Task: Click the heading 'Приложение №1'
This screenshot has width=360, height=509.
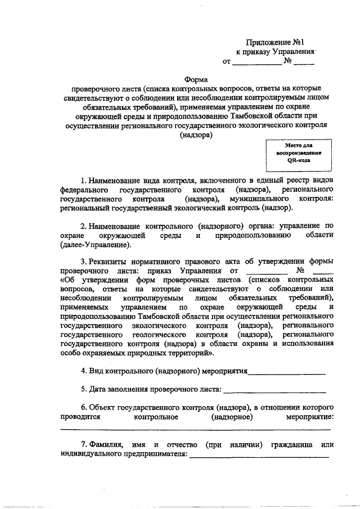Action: (276, 42)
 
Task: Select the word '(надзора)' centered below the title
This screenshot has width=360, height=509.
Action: (196, 135)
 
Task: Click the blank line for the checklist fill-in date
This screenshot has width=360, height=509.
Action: (274, 389)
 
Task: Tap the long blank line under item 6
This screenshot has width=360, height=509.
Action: (195, 430)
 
